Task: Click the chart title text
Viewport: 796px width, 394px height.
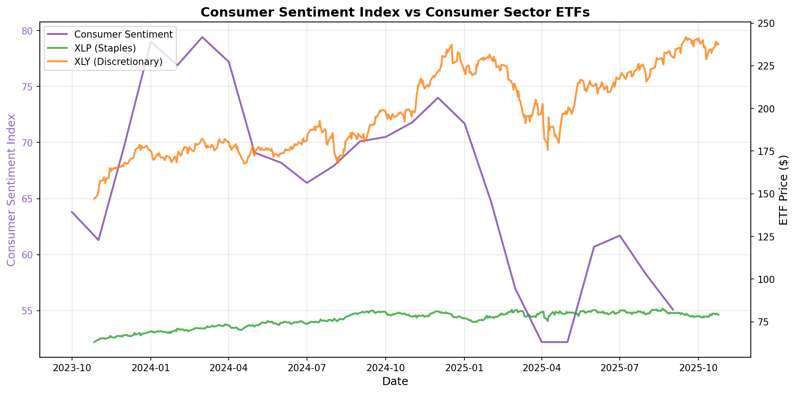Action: (395, 12)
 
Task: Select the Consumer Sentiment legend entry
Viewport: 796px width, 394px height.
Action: (123, 34)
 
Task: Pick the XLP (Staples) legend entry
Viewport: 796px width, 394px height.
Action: (105, 48)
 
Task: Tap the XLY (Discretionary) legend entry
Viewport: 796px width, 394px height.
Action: (118, 62)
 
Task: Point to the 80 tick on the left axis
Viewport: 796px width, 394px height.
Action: (27, 30)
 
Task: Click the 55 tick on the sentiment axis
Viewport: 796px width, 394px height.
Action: (27, 311)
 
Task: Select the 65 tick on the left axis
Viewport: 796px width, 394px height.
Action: (27, 199)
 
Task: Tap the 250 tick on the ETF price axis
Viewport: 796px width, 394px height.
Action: (765, 23)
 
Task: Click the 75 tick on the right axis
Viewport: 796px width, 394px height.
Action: (763, 322)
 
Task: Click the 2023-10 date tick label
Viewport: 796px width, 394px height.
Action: (72, 368)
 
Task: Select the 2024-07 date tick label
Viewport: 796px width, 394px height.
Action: (307, 368)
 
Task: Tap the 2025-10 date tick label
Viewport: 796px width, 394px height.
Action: (698, 368)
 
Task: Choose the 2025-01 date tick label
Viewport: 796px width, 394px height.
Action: (464, 368)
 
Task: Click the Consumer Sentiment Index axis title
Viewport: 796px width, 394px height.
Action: (12, 190)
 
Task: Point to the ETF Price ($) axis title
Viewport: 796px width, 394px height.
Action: (783, 190)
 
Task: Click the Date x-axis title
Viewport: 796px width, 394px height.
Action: (395, 381)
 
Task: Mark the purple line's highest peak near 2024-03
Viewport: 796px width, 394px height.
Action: (202, 37)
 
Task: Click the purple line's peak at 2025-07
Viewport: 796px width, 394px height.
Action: (620, 236)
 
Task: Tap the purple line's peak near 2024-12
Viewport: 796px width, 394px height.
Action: (438, 98)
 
